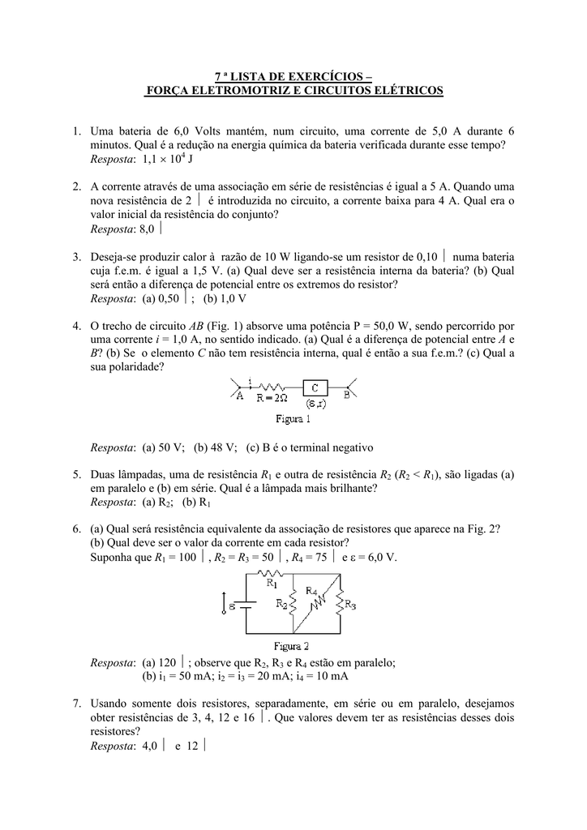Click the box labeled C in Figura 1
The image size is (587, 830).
315,388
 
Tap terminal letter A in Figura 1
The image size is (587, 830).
240,396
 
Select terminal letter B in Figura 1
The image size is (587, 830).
346,396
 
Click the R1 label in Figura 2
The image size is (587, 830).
270,581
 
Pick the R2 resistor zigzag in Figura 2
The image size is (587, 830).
294,604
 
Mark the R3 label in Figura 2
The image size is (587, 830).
350,604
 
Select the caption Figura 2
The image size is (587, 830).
291,646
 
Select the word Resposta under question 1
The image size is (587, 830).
112,160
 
